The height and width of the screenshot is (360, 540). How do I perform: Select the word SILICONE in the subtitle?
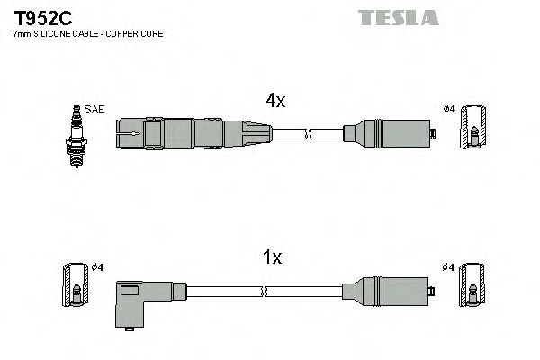55,35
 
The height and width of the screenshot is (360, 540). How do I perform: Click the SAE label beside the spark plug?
96,110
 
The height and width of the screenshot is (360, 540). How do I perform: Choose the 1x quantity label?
273,257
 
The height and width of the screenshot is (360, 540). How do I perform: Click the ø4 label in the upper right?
448,111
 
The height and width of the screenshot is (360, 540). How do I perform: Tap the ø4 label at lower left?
98,267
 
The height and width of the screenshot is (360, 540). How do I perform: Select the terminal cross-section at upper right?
473,135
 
